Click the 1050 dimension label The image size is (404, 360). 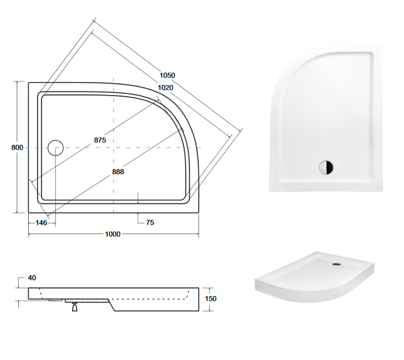[x=167, y=76]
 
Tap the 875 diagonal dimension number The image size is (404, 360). [x=99, y=140]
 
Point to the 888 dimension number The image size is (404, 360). [x=118, y=172]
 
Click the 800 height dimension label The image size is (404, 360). [x=17, y=147]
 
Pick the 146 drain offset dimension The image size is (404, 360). [x=42, y=223]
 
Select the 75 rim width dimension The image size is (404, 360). [x=150, y=223]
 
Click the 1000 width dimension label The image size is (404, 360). [x=113, y=235]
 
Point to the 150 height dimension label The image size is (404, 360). [x=211, y=298]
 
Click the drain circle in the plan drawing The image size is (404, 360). [x=56, y=147]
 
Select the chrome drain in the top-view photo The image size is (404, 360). [x=326, y=167]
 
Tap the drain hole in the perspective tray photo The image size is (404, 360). [x=337, y=264]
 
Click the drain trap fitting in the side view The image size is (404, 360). [x=74, y=306]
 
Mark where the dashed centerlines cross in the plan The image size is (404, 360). [x=113, y=147]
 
